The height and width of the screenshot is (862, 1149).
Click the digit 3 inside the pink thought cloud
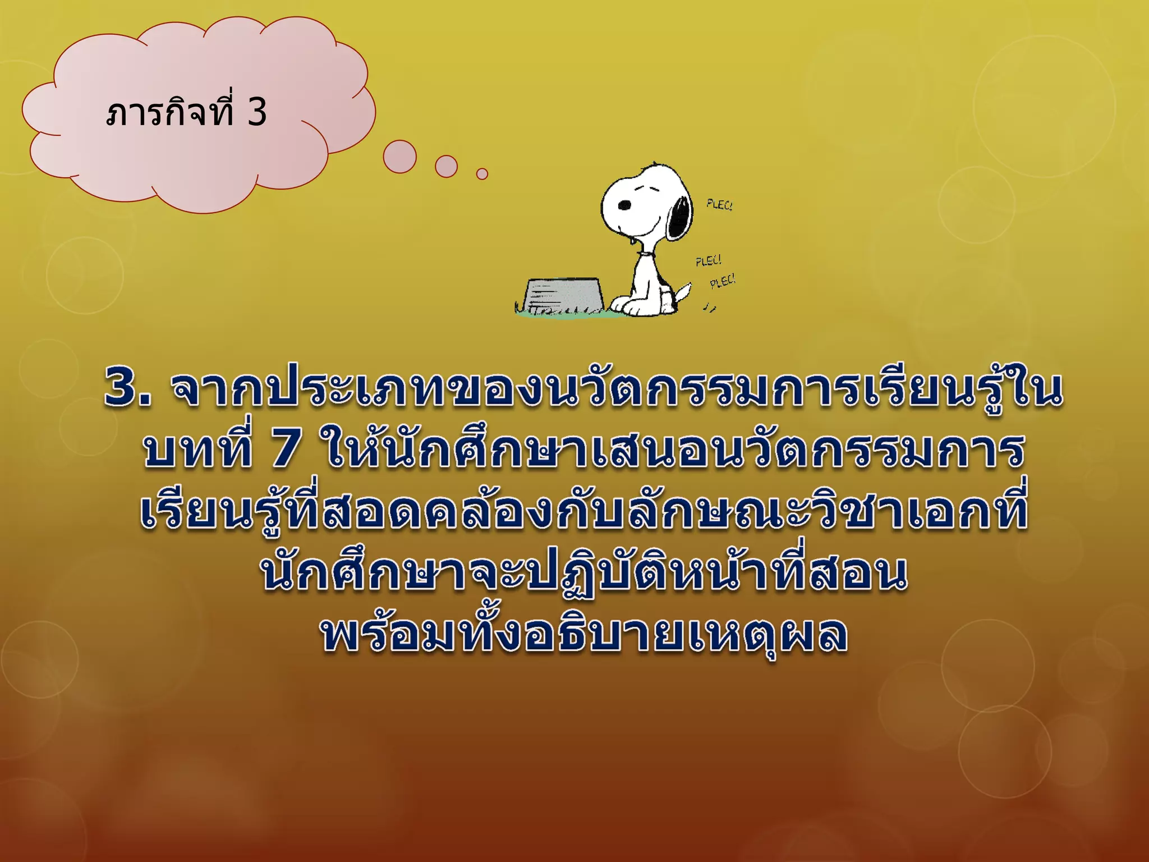[257, 112]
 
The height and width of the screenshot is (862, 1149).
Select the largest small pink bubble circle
[399, 157]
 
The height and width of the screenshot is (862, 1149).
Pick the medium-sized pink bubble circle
[446, 166]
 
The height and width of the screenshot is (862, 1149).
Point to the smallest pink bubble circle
[482, 174]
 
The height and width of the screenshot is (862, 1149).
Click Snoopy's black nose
[624, 205]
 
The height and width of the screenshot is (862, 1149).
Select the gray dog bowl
[562, 294]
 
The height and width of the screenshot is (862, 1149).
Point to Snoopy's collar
[646, 255]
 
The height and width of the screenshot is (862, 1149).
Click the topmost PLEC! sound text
[719, 205]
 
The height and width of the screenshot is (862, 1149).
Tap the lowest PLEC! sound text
[723, 281]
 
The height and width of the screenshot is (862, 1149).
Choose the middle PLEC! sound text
[709, 261]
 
